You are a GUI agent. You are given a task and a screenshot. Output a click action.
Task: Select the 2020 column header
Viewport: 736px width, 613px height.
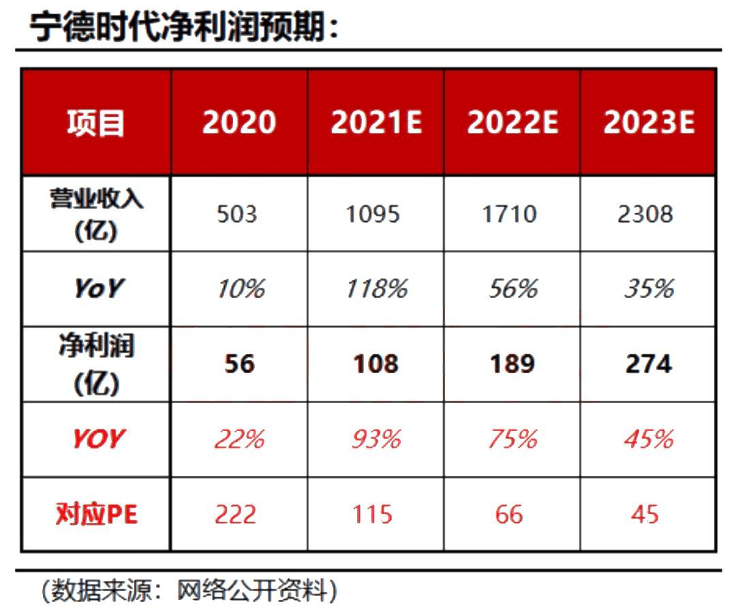coord(239,123)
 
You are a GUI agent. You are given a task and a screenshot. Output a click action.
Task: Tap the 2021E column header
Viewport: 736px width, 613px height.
coord(376,123)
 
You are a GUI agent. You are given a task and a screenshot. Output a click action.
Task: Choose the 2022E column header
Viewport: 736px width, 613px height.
coord(512,123)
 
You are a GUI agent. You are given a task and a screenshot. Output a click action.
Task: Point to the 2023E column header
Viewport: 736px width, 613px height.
coord(649,123)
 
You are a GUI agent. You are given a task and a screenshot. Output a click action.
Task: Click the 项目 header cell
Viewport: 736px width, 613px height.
coord(96,123)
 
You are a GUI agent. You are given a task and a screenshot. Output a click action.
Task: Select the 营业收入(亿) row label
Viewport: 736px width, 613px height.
coord(96,214)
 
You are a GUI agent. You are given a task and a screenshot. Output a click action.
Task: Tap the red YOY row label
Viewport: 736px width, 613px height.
coord(99,438)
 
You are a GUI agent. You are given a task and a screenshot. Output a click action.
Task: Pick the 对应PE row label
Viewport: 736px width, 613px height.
coord(97,514)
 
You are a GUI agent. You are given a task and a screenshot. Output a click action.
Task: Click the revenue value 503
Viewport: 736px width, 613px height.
coord(237,214)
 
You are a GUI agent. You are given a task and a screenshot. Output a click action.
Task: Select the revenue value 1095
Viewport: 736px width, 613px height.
coord(373,214)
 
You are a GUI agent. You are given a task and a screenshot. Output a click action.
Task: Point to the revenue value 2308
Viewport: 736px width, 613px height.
coord(645,214)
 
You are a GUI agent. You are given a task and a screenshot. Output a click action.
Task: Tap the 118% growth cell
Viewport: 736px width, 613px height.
coord(377,288)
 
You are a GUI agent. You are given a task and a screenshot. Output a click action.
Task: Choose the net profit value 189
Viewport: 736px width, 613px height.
coord(512,364)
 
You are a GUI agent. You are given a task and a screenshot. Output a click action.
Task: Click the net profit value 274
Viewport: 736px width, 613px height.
coord(649,364)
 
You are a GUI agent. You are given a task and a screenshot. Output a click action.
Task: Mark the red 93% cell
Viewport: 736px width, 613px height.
coord(377,438)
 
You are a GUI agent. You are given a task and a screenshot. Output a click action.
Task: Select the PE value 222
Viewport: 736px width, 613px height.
coord(236,514)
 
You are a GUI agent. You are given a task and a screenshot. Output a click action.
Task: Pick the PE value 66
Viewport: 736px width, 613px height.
coord(509,514)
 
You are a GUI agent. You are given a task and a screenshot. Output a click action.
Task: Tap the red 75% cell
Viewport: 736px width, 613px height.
coord(512,438)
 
